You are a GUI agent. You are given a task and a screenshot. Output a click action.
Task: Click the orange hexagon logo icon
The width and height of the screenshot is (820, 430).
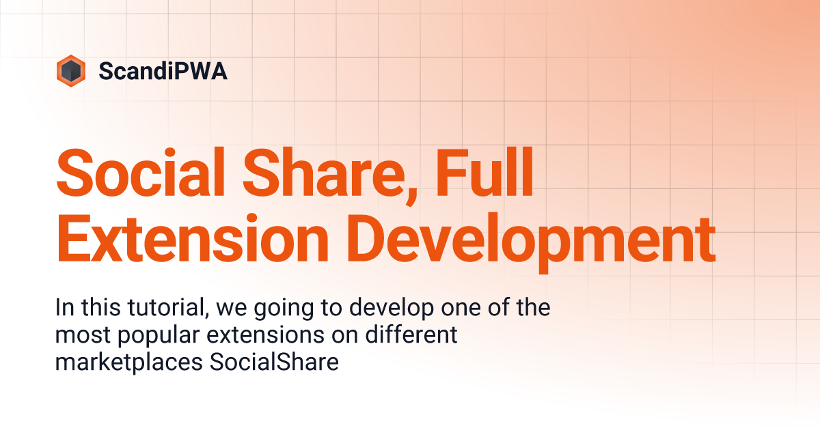71,70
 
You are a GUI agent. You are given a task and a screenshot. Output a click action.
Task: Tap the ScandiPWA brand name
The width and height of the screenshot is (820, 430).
163,71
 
